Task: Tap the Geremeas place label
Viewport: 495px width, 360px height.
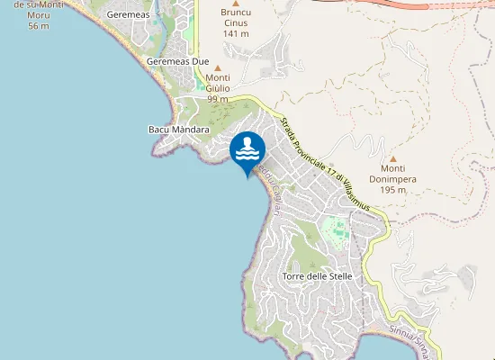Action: click(x=128, y=15)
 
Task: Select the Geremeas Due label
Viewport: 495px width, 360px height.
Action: click(x=177, y=61)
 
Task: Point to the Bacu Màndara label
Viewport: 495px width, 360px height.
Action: click(x=178, y=130)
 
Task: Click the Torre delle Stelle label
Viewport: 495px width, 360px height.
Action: click(x=316, y=275)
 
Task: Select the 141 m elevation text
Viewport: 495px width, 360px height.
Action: click(x=235, y=33)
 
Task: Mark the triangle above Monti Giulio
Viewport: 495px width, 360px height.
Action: click(x=217, y=67)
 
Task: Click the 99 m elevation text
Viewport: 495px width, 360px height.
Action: click(x=218, y=99)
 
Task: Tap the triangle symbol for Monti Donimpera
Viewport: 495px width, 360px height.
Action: click(x=392, y=158)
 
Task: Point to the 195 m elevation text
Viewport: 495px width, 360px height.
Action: click(x=392, y=190)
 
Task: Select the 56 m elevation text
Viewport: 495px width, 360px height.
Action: click(x=38, y=25)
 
